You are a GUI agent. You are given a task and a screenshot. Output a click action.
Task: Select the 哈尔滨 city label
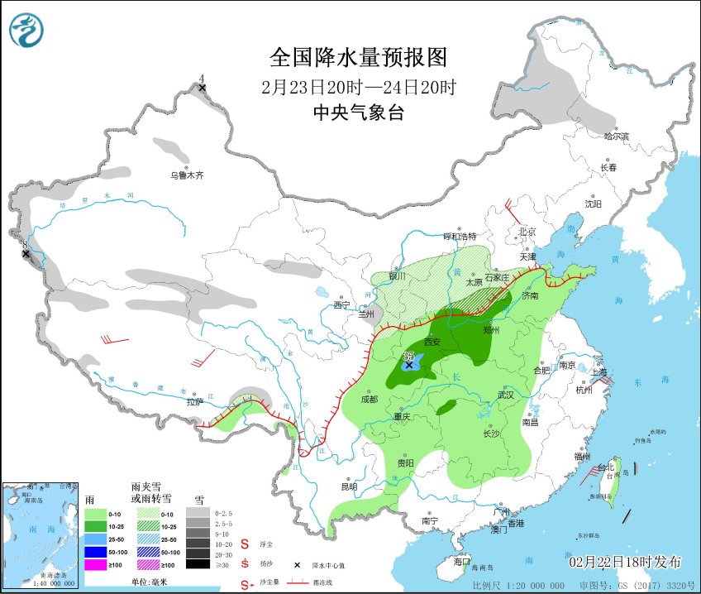pyautogui.click(x=616, y=136)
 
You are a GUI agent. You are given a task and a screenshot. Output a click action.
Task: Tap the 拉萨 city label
pyautogui.click(x=194, y=402)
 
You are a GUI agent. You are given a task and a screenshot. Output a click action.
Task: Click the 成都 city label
pyautogui.click(x=369, y=399)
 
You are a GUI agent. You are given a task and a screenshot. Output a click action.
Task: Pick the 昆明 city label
pyautogui.click(x=349, y=486)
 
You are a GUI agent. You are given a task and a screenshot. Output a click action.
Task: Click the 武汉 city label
pyautogui.click(x=505, y=395)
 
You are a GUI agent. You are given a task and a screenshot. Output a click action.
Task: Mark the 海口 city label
pyautogui.click(x=462, y=560)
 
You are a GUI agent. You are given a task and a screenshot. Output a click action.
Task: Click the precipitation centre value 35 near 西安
pyautogui.click(x=408, y=356)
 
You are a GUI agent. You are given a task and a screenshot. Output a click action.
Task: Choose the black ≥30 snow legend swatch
pyautogui.click(x=197, y=564)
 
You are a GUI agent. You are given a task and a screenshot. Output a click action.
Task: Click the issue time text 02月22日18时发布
pyautogui.click(x=625, y=562)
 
